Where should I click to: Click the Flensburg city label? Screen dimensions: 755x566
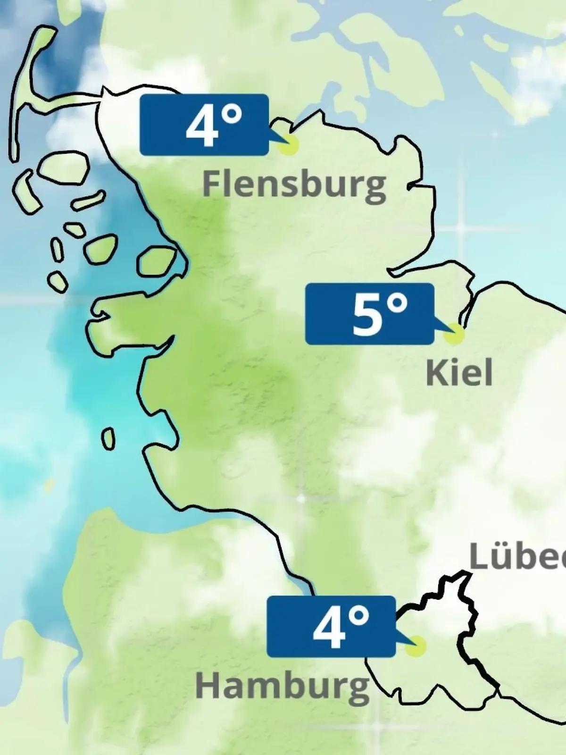click(294, 184)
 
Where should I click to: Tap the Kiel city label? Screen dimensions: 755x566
click(459, 373)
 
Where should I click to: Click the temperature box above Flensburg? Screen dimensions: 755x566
click(204, 125)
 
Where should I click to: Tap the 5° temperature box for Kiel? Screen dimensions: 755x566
click(369, 314)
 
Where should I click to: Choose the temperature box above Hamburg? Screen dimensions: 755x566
click(331, 627)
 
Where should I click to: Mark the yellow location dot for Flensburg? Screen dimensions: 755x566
click(288, 145)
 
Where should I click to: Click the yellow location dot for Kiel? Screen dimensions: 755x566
click(454, 334)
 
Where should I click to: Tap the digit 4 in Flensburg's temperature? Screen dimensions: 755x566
click(202, 126)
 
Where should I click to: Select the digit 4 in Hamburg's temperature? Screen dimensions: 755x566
click(329, 629)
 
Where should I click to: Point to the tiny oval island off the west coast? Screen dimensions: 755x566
click(108, 439)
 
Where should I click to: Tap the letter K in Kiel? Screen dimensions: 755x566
click(436, 373)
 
